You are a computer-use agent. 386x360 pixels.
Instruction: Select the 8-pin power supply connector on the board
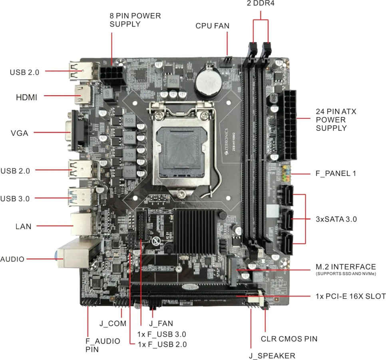[x=113, y=76]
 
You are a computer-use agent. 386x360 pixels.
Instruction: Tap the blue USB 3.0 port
[x=82, y=198]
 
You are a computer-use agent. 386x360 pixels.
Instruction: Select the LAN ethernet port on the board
[x=82, y=225]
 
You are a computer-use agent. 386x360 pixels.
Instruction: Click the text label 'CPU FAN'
[x=212, y=26]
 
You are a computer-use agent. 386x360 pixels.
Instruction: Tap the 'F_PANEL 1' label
[x=336, y=174]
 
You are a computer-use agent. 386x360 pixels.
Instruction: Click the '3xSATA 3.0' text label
[x=336, y=219]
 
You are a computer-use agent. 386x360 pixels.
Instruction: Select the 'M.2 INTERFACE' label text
[x=346, y=267]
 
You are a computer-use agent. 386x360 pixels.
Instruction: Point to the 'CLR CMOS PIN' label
[x=289, y=339]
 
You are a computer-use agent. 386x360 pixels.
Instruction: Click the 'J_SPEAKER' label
[x=271, y=356]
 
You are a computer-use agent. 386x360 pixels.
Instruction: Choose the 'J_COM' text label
[x=113, y=323]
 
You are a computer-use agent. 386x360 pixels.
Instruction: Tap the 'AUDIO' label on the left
[x=12, y=259]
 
